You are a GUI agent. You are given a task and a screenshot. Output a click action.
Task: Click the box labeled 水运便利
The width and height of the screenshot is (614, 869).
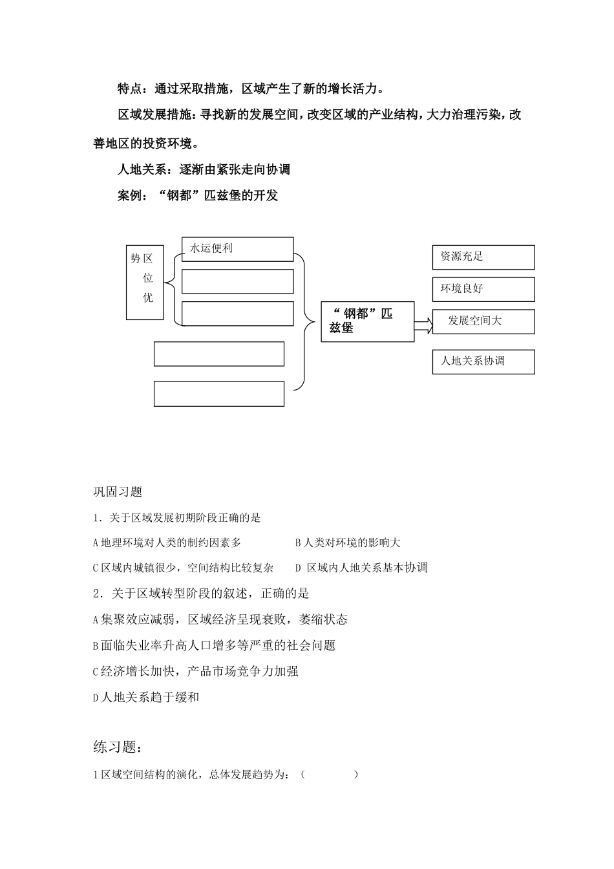(237, 249)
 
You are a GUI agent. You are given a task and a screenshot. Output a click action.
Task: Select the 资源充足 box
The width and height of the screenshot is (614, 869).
(483, 257)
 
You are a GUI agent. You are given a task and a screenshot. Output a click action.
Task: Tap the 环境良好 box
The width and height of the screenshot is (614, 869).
(483, 289)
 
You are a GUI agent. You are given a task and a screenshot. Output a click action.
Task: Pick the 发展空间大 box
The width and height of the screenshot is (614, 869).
(483, 321)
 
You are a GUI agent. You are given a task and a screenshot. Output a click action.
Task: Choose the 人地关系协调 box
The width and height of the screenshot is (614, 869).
(483, 361)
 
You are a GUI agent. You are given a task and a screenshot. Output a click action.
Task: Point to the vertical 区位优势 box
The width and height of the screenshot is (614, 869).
(145, 283)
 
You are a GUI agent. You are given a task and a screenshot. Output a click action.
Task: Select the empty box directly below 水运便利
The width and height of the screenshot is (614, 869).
(237, 282)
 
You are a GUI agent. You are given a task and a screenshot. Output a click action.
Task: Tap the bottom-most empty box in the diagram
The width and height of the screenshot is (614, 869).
(218, 394)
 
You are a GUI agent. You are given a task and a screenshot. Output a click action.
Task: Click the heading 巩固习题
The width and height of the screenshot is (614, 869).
(118, 492)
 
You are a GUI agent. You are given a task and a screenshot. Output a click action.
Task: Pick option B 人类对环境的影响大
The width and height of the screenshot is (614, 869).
(348, 543)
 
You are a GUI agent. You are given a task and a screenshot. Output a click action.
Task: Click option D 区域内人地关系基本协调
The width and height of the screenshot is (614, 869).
(361, 568)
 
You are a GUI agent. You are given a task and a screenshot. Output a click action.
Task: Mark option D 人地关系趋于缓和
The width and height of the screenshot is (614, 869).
(146, 697)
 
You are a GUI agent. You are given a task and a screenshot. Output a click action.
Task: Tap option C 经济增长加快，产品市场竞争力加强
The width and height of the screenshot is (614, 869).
(195, 671)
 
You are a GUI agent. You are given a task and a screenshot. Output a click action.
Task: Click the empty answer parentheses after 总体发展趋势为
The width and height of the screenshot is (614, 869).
(329, 774)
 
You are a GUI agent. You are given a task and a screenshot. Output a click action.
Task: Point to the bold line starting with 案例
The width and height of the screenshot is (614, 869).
(198, 195)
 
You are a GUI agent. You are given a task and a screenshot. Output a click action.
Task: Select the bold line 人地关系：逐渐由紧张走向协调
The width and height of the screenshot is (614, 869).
(204, 169)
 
